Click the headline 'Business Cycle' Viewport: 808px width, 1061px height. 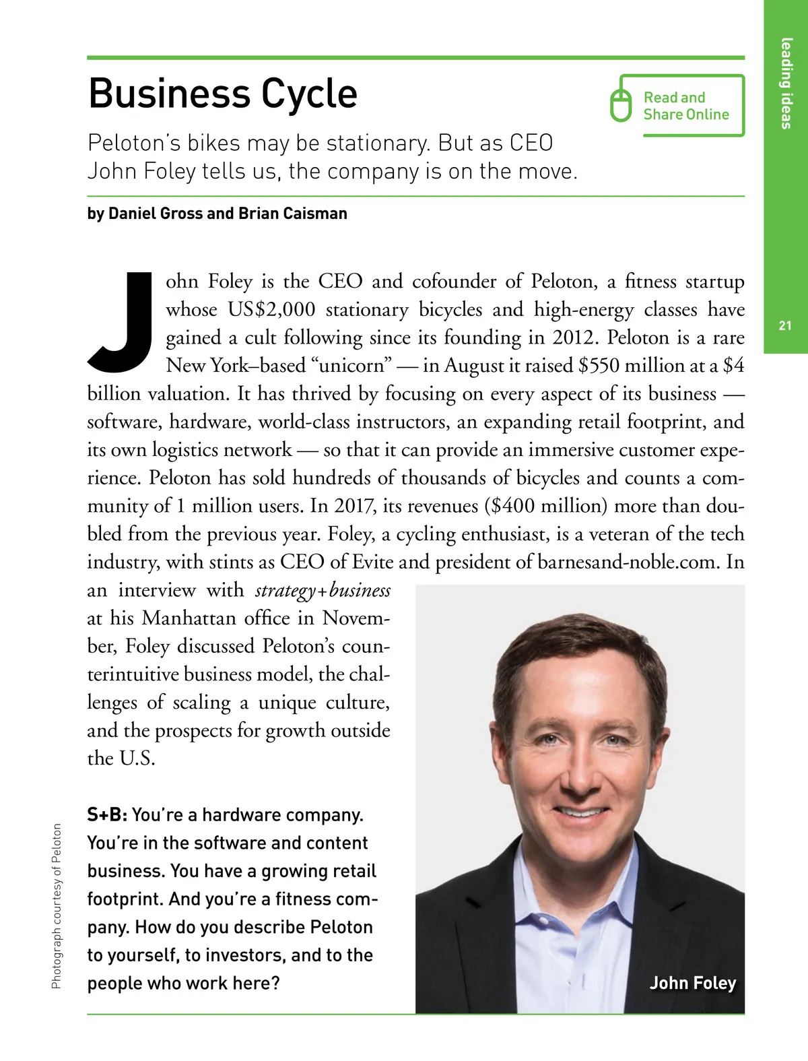pos(223,94)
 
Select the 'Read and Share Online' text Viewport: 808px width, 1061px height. pos(685,106)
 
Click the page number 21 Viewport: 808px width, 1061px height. pos(785,326)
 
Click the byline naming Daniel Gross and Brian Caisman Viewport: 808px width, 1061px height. pos(217,214)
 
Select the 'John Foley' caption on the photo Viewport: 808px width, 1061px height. pos(692,983)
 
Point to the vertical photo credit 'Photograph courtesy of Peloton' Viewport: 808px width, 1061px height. pos(57,906)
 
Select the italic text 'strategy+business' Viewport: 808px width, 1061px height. pos(323,591)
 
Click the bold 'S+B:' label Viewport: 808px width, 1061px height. pos(107,815)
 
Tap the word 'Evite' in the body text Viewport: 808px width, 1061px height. pos(376,562)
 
